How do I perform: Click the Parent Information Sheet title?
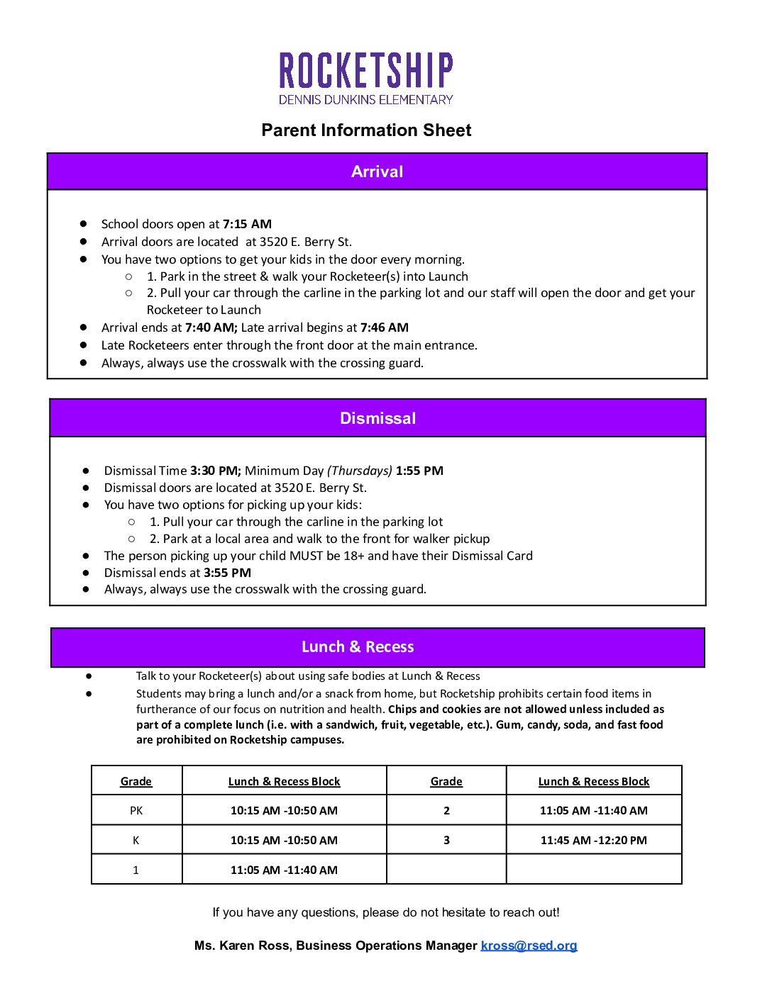(x=366, y=130)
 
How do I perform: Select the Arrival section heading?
(x=377, y=172)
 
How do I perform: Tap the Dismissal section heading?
(x=377, y=418)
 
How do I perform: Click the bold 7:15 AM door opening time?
(x=247, y=224)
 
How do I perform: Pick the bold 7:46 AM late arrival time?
(x=384, y=327)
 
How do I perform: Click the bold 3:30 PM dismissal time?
(x=216, y=471)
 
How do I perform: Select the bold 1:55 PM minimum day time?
(x=419, y=471)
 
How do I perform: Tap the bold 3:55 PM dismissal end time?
(x=227, y=573)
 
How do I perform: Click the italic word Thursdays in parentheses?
(x=360, y=471)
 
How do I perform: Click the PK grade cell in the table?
(x=136, y=810)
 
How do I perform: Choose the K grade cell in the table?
(x=136, y=840)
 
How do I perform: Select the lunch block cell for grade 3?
(x=593, y=840)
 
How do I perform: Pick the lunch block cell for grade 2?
(x=593, y=810)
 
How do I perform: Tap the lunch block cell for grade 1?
(x=284, y=870)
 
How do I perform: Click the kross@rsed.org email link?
(x=529, y=946)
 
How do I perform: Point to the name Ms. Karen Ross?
(x=242, y=946)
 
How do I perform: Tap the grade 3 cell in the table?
(x=446, y=840)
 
